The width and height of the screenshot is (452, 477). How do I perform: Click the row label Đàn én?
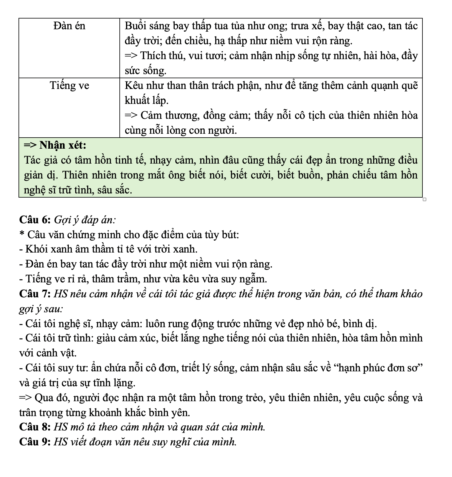69,26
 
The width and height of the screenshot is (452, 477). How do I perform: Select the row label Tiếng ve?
69,86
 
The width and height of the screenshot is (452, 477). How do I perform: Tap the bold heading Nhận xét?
63,145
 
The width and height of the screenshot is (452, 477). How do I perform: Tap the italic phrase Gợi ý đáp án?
84,220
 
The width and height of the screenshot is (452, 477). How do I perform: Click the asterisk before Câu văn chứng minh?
21,234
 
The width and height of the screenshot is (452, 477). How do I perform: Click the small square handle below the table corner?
425,199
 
